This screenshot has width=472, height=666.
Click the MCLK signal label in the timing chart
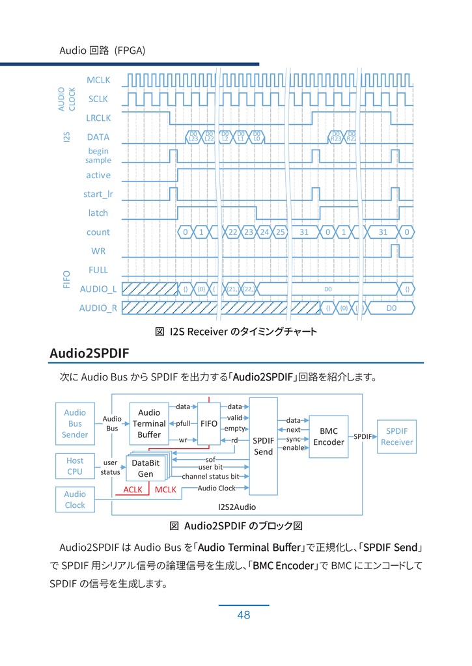tap(98, 80)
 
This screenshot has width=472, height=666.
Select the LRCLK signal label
tap(98, 118)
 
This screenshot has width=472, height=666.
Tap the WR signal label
tap(98, 250)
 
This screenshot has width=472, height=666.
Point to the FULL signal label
tap(98, 269)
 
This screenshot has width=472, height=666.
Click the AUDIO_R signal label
tap(98, 308)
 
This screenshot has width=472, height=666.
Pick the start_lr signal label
tap(98, 194)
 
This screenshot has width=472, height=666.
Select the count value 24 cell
tap(264, 232)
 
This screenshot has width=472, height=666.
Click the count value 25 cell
tap(280, 232)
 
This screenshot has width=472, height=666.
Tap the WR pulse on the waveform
tap(395, 250)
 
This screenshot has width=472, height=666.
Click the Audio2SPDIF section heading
tap(90, 353)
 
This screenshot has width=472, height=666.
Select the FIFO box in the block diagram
tap(209, 423)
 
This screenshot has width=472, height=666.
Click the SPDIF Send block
tap(263, 446)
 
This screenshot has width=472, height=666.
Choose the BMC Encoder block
tap(329, 436)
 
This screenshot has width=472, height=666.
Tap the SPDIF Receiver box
tap(396, 436)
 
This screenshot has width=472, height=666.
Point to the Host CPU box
tap(75, 466)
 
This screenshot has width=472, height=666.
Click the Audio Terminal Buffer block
tap(149, 423)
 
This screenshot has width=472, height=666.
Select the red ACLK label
tap(133, 489)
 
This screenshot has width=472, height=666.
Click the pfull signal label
tap(184, 423)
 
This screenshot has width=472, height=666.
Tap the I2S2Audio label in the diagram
tap(237, 506)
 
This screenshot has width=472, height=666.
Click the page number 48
tap(243, 615)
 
